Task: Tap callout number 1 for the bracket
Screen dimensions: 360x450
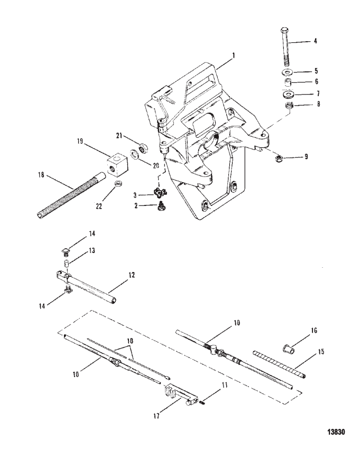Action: pyautogui.click(x=234, y=55)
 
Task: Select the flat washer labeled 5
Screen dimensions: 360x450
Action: pyautogui.click(x=287, y=71)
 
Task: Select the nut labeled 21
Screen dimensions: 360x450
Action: pyautogui.click(x=143, y=148)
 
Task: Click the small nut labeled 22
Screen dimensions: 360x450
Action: pyautogui.click(x=118, y=184)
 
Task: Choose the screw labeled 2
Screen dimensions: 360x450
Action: pyautogui.click(x=160, y=207)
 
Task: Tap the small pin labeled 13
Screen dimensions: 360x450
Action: pyautogui.click(x=67, y=263)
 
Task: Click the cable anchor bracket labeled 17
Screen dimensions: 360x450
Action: pyautogui.click(x=180, y=395)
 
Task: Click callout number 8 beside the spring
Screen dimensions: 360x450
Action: pyautogui.click(x=318, y=104)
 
